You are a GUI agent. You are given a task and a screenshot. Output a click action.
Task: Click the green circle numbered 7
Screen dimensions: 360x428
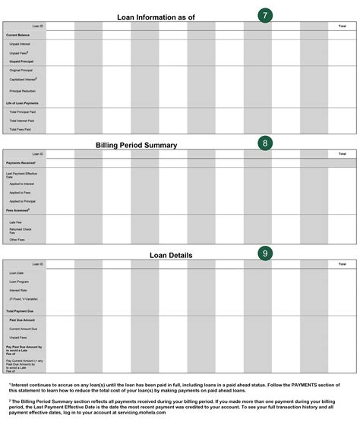coord(264,15)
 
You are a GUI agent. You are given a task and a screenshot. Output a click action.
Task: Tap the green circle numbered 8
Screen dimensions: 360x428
coord(264,143)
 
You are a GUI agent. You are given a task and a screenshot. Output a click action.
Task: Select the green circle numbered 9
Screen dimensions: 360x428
coord(264,253)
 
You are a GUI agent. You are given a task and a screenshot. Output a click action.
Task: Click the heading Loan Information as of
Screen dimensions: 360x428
coord(156,17)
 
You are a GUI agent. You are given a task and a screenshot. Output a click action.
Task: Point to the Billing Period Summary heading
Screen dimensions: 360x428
coord(137,145)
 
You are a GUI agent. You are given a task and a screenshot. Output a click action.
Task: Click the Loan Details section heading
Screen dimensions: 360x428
coord(171,256)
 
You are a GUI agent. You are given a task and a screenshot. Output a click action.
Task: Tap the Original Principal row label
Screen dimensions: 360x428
coord(21,70)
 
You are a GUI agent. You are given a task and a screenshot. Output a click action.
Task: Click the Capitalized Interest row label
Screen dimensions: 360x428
coord(23,79)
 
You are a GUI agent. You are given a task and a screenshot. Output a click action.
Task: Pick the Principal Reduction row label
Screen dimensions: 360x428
coord(23,91)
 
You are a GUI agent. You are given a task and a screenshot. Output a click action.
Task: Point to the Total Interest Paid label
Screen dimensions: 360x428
coord(22,121)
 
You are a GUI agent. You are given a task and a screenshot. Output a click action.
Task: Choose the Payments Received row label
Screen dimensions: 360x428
coord(21,162)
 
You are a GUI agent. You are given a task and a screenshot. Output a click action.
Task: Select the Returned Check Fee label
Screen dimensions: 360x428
coord(21,230)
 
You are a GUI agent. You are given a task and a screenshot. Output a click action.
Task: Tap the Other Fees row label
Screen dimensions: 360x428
coord(17,240)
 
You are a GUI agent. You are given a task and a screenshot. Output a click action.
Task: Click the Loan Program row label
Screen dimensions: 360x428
coord(19,282)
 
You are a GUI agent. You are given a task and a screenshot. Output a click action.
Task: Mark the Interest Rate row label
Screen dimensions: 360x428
coord(18,290)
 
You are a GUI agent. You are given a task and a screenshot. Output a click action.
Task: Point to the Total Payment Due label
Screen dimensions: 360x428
coord(21,311)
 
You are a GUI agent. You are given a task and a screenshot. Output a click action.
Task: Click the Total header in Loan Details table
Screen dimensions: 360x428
coord(342,264)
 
